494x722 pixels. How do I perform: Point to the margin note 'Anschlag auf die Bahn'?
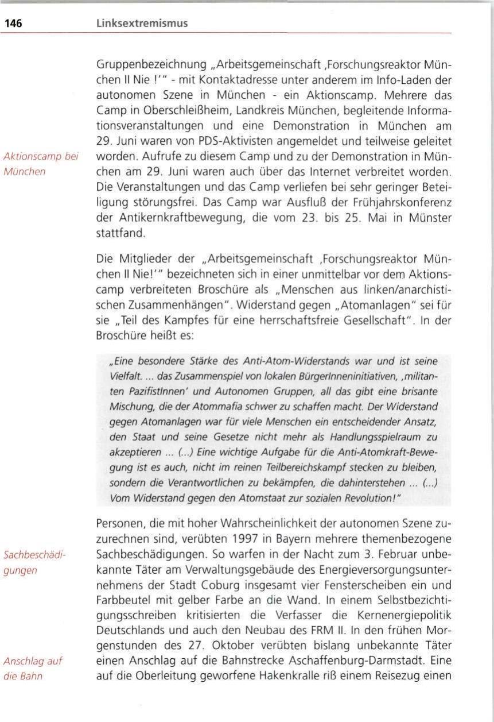[x=33, y=668]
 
